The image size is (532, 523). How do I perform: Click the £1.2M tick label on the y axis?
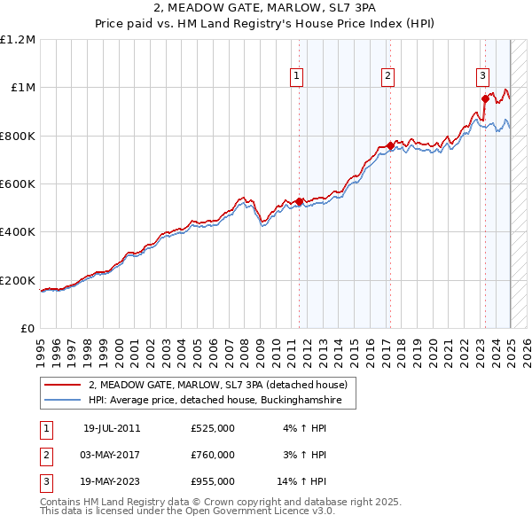point(18,40)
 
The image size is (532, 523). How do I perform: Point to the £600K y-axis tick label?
point(18,184)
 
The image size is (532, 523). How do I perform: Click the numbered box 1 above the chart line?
point(296,77)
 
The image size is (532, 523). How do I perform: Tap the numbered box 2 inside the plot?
point(388,77)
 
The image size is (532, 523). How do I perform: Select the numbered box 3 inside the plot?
point(482,77)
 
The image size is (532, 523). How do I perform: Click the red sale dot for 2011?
point(300,201)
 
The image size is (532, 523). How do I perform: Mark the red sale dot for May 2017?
point(391,145)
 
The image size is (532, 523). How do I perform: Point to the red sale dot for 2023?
point(485,98)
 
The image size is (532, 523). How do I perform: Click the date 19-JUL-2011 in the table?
point(112,428)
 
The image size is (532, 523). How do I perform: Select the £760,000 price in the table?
point(213,455)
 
